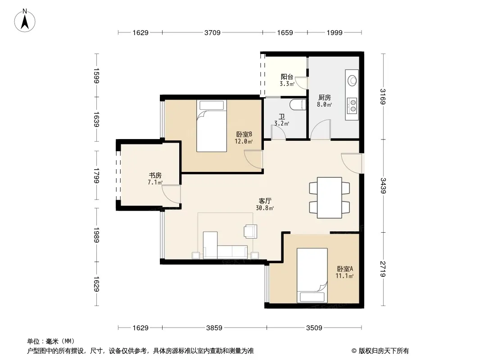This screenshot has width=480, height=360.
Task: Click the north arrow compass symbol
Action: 25,21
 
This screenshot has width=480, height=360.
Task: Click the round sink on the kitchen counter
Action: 353,81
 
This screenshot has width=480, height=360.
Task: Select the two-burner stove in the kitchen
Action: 353,105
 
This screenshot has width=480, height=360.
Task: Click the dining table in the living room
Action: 330,198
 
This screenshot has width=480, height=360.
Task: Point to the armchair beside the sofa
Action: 250,231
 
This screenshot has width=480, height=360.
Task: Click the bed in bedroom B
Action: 212,126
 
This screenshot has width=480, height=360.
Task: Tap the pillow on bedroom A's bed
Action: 312,297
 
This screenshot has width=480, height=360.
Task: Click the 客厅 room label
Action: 265,201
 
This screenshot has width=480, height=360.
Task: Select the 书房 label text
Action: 155,175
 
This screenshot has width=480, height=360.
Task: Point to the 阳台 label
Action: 287,77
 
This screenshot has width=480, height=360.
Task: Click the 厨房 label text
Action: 325,98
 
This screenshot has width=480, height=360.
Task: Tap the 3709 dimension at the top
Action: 213,32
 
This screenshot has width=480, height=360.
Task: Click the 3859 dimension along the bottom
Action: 214,328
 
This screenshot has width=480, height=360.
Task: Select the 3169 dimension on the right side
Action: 383,96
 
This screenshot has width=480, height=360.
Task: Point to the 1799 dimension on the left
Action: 96,175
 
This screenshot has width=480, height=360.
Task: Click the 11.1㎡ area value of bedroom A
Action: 344,276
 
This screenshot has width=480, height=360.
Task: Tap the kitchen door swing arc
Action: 321,130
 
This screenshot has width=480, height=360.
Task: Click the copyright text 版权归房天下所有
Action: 384,351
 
